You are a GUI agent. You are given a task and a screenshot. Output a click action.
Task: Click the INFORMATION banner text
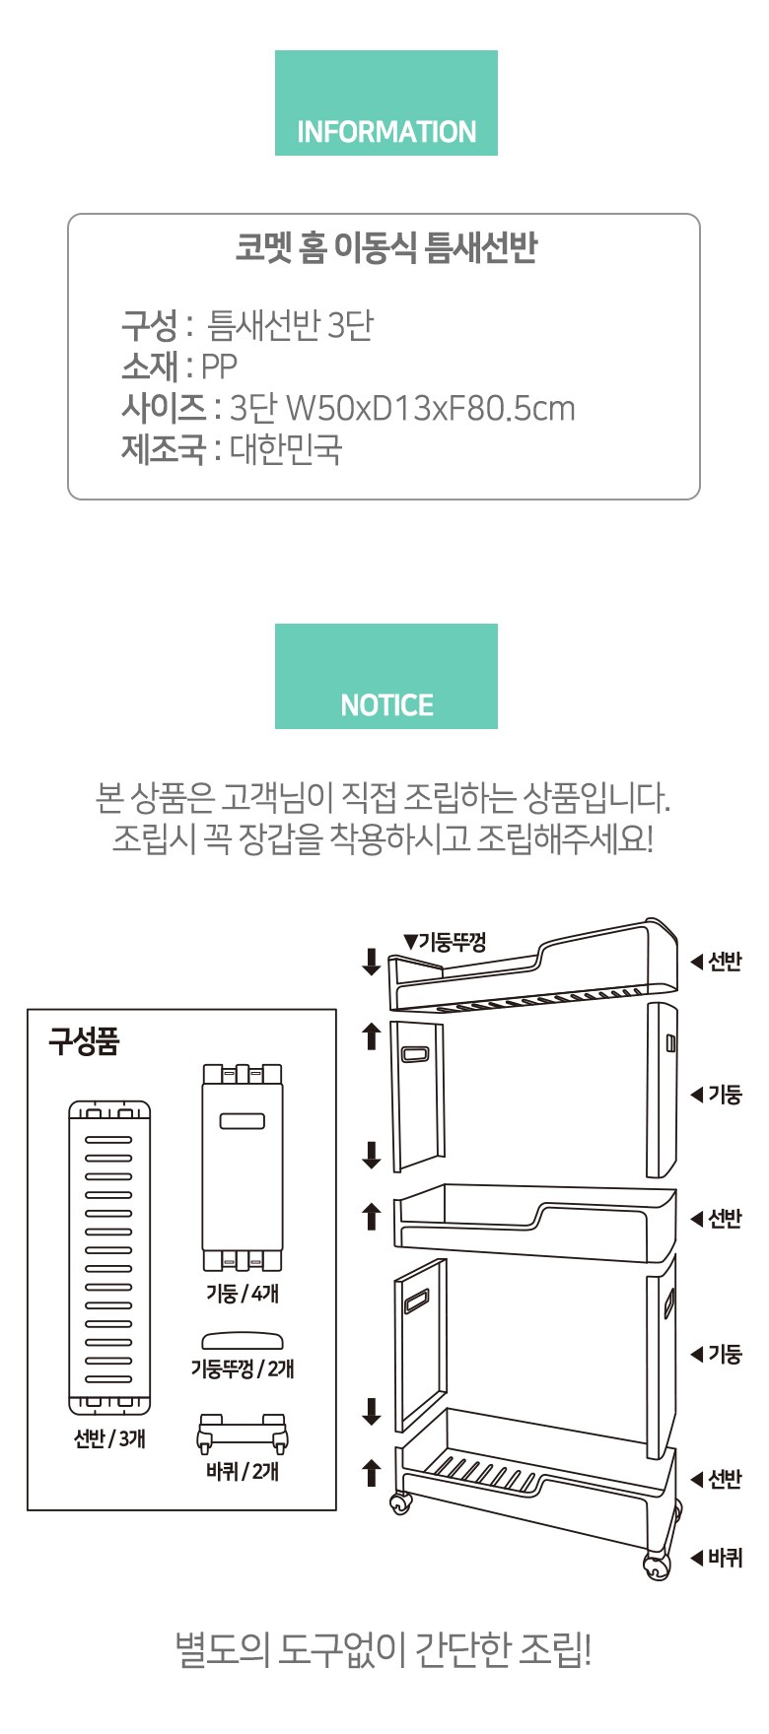coord(386,132)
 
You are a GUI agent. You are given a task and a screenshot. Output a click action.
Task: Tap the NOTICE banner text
coord(386,705)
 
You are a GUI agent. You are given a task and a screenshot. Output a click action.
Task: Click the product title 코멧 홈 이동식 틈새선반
coord(385,247)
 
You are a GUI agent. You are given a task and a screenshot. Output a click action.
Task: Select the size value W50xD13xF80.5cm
coord(429,408)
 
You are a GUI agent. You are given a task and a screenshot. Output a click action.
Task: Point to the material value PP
coord(219,367)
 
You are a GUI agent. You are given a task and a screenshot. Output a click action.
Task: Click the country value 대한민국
coord(286,449)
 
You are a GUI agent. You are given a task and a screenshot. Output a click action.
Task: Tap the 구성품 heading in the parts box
coord(84,1041)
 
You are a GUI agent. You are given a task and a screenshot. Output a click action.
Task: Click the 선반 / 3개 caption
coord(109,1439)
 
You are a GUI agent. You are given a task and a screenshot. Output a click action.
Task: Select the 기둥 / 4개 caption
coord(243,1294)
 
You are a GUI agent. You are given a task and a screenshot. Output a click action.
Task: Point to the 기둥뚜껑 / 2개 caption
coord(243,1368)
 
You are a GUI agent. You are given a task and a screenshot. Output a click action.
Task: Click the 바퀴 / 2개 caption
coord(243,1472)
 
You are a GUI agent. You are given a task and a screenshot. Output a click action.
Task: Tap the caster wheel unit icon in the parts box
coord(243,1434)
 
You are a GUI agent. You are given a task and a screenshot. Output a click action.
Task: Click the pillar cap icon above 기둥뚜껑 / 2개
coord(243,1340)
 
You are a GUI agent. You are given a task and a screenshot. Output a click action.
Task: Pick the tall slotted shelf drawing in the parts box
coord(109,1257)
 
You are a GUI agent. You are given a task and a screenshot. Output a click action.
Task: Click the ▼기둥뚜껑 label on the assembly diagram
coord(445,942)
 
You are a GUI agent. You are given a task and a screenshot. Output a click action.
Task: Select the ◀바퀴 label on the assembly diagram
coord(717,1558)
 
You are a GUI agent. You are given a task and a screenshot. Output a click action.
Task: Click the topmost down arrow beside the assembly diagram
coord(372,962)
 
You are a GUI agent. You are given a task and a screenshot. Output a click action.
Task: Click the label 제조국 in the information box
coord(164,449)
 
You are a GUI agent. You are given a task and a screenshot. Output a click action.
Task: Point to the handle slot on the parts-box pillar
coord(243,1121)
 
